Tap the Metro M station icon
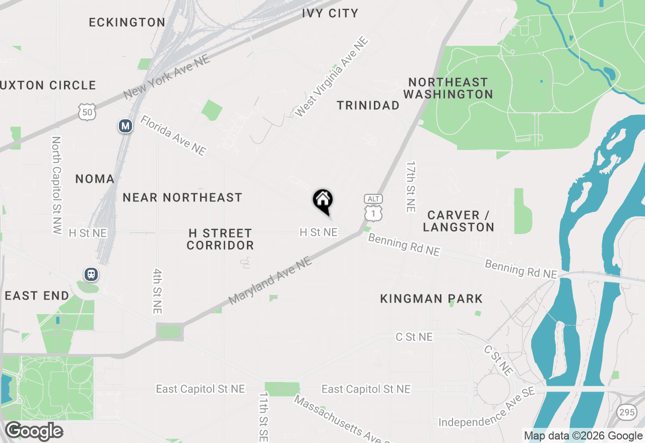coord(125,126)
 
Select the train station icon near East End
coord(91,274)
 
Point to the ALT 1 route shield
coord(373,208)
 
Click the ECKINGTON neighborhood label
coord(127,22)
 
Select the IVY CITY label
coord(330,13)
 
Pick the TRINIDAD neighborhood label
coord(368,105)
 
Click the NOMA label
coord(95,179)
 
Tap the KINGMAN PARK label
coord(431,299)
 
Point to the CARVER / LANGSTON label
coord(459,221)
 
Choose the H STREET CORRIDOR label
coord(220,239)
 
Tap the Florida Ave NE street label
coord(173,135)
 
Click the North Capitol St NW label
coord(56,185)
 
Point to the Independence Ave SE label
coord(486,407)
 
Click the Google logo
coord(34,431)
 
